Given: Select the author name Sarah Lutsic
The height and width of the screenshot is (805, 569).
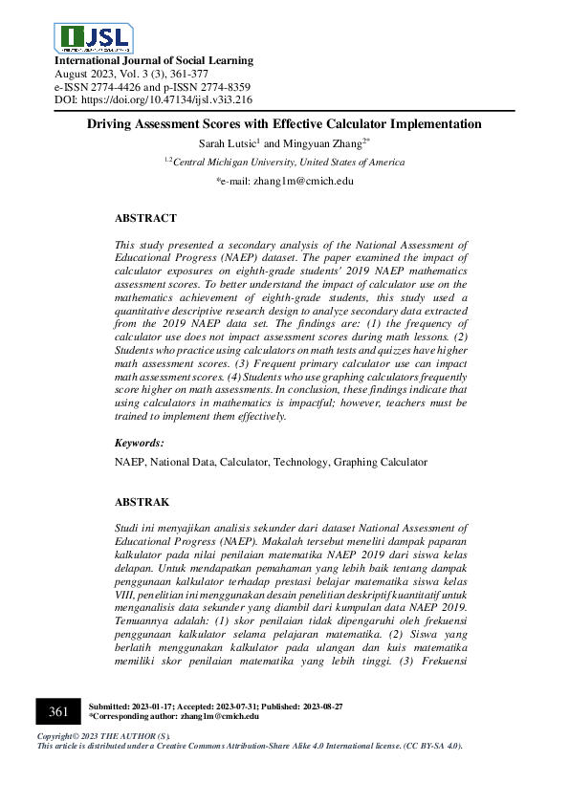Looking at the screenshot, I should click(x=229, y=143).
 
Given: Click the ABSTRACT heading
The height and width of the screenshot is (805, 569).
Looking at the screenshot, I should click(x=145, y=219).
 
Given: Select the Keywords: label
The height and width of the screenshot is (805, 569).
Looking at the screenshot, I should click(x=140, y=444).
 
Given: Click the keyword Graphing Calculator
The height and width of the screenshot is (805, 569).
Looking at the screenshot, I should click(x=380, y=463).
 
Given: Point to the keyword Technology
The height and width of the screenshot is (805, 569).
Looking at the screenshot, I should click(x=301, y=463).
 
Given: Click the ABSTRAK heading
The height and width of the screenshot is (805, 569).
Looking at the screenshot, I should click(x=142, y=502).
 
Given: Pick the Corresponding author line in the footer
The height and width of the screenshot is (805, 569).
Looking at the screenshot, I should click(x=172, y=716).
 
